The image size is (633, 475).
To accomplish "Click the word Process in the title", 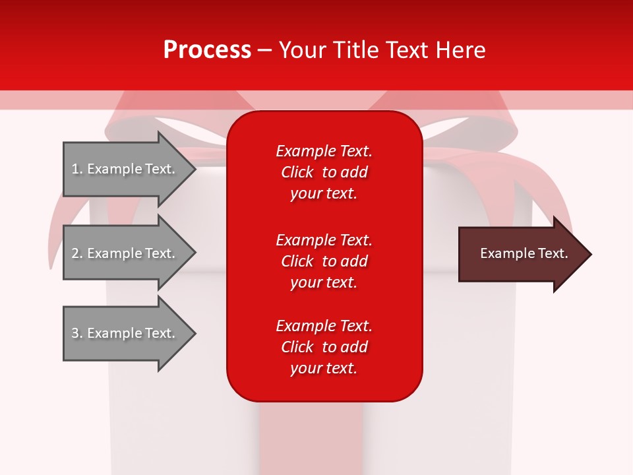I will point(207,50).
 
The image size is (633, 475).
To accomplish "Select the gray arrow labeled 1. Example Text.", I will point(125,169).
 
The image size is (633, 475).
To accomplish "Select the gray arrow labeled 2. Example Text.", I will point(125,253).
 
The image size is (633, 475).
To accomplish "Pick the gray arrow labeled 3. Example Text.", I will point(125,333).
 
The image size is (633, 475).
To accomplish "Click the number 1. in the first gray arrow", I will point(77,169).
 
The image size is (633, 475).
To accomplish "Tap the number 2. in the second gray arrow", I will point(77,253).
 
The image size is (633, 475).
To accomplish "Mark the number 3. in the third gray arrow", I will point(77,333).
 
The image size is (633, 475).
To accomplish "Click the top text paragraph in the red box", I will point(324,172).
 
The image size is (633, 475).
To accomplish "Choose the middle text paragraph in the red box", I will point(324,261).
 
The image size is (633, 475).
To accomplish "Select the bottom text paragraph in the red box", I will point(324,347).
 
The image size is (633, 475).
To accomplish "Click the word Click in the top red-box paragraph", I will point(297,172).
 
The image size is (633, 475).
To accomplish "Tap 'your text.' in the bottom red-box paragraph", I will point(324,368).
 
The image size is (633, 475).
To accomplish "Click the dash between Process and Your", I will point(265,50).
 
